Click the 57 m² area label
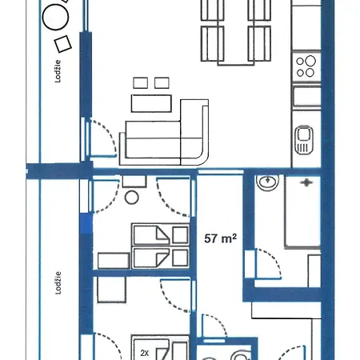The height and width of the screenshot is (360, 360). tap(220, 238)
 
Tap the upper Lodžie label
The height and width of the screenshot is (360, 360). tap(58, 71)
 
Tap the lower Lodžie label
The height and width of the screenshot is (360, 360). tap(58, 283)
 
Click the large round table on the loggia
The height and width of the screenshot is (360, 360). tap(55, 17)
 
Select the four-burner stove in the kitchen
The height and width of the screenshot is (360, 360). tap(306, 66)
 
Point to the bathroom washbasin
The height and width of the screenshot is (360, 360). tap(267, 182)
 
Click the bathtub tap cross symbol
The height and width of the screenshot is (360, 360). tap(306, 182)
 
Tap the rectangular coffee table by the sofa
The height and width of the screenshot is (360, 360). tap(151, 103)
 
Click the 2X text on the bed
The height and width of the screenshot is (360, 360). tap(144, 353)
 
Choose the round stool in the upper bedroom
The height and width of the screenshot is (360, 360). tap(132, 198)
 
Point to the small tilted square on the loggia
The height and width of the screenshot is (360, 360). tap(63, 44)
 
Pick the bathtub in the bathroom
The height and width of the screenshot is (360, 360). tap(302, 212)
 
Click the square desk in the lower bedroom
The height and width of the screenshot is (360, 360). tap(111, 290)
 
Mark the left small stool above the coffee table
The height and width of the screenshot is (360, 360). tap(141, 83)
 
